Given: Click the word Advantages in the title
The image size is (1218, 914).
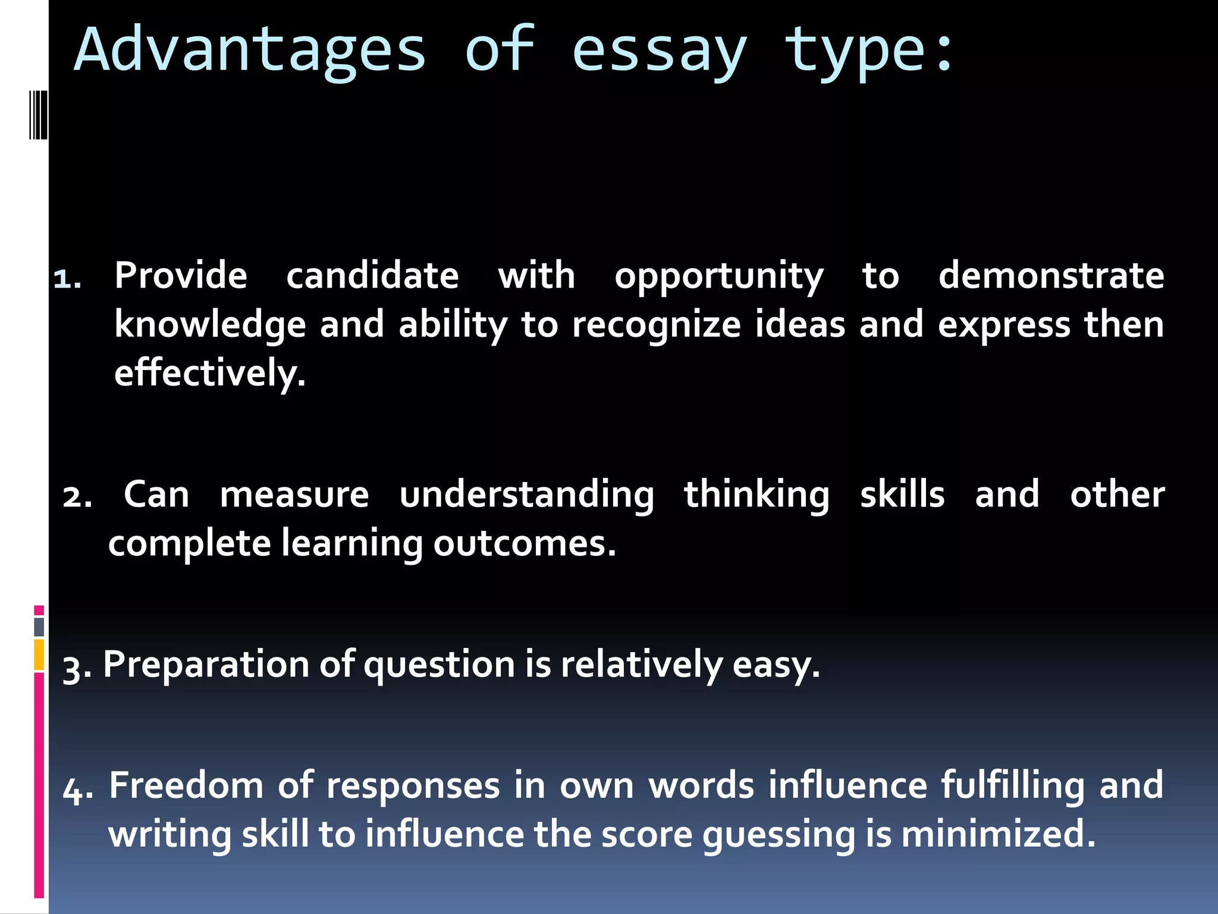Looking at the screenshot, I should pyautogui.click(x=250, y=51).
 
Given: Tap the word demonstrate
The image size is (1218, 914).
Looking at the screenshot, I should pyautogui.click(x=1051, y=276).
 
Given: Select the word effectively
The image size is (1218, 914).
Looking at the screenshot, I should pyautogui.click(x=209, y=374).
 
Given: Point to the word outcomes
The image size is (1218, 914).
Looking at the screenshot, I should pyautogui.click(x=524, y=543).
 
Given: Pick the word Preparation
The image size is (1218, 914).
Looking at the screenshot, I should pyautogui.click(x=206, y=665).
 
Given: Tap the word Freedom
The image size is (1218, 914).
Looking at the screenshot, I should pyautogui.click(x=186, y=785).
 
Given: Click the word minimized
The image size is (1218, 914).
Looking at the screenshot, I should pyautogui.click(x=997, y=834).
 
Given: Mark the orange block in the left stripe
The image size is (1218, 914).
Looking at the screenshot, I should pyautogui.click(x=39, y=655).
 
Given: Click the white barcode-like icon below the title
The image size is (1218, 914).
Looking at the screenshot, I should pyautogui.click(x=38, y=115).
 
